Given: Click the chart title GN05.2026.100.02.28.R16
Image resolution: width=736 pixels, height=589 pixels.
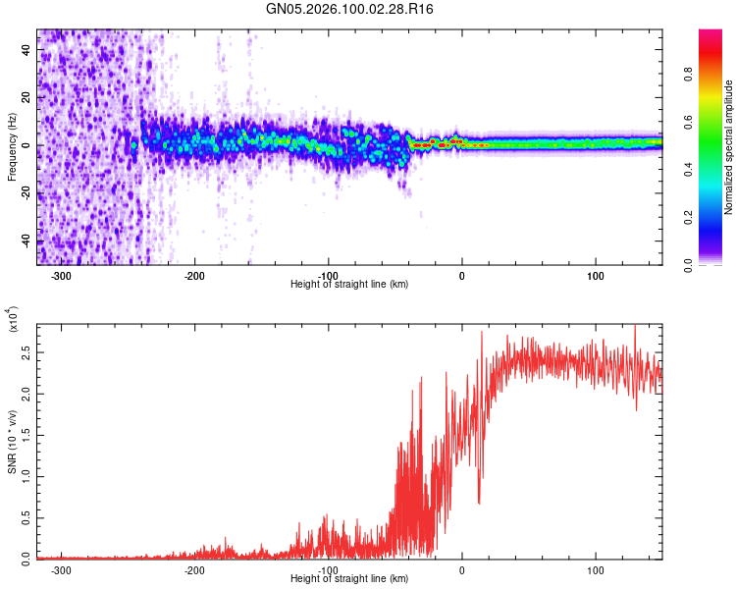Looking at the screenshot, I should [x=350, y=9].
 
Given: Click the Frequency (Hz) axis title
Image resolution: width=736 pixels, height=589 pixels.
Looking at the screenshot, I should [x=12, y=147].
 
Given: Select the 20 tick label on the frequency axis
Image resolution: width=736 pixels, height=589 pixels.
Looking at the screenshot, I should [x=26, y=97].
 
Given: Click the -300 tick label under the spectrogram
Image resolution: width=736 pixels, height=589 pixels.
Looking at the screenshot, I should [x=61, y=275].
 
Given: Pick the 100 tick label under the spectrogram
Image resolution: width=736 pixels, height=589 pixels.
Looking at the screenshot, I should [x=596, y=275].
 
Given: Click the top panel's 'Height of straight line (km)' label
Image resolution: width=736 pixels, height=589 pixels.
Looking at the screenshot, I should [x=349, y=284].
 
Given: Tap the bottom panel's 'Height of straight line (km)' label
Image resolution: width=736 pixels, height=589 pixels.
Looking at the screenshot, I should [x=349, y=579].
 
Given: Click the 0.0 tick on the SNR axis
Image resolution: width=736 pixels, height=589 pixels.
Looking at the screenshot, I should [x=26, y=557].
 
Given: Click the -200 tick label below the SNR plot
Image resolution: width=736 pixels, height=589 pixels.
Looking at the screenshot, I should [x=194, y=569].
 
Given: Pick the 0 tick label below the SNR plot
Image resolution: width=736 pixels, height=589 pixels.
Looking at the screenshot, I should [x=462, y=569].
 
